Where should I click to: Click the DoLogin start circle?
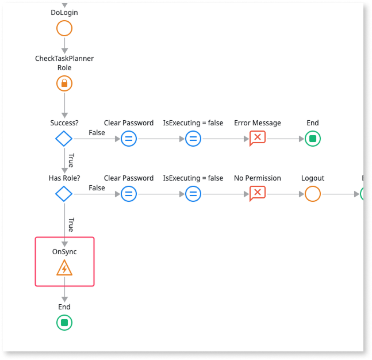64,28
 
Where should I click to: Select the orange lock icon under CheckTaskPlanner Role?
64,83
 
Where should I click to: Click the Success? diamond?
64,139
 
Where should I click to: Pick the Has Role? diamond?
64,194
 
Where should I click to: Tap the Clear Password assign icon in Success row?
129,139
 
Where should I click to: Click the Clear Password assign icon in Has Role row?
129,194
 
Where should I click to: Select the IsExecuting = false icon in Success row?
193,139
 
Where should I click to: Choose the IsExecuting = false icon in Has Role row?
193,194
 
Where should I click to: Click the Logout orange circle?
313,194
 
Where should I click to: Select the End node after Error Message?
313,139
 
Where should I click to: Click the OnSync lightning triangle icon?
64,267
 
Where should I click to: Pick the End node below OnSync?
64,323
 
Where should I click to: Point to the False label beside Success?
97,133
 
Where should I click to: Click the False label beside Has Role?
97,188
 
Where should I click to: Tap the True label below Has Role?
71,223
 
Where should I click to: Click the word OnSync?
64,251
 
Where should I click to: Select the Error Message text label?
258,122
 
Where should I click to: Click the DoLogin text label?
64,12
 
